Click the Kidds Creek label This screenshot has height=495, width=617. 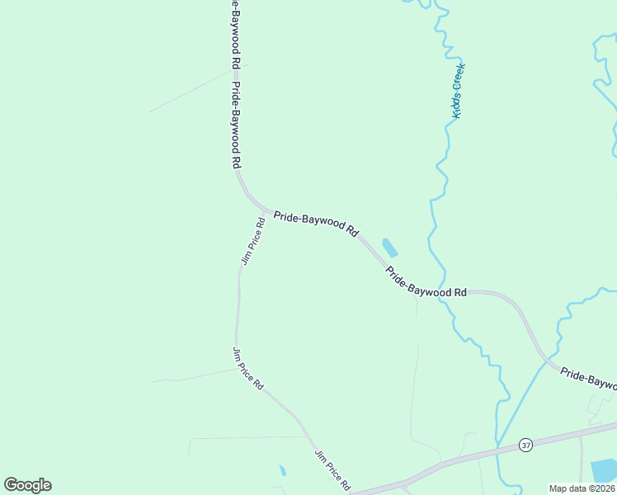pyautogui.click(x=459, y=91)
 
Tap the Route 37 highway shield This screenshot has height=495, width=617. pyautogui.click(x=525, y=445)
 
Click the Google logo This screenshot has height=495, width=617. pyautogui.click(x=27, y=485)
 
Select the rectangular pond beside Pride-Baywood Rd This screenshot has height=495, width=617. pyautogui.click(x=389, y=247)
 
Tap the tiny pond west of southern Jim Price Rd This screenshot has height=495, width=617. pyautogui.click(x=283, y=471)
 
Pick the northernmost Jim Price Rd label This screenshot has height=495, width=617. pyautogui.click(x=252, y=240)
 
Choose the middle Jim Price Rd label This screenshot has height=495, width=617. pyautogui.click(x=247, y=369)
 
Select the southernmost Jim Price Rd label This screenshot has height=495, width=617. pyautogui.click(x=332, y=470)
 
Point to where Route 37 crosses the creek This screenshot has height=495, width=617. pyautogui.click(x=498, y=450)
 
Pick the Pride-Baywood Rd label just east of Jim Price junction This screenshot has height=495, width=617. pyautogui.click(x=316, y=222)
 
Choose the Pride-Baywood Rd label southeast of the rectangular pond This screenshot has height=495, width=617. pyautogui.click(x=426, y=282)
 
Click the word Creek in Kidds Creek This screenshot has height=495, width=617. pyautogui.click(x=460, y=78)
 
